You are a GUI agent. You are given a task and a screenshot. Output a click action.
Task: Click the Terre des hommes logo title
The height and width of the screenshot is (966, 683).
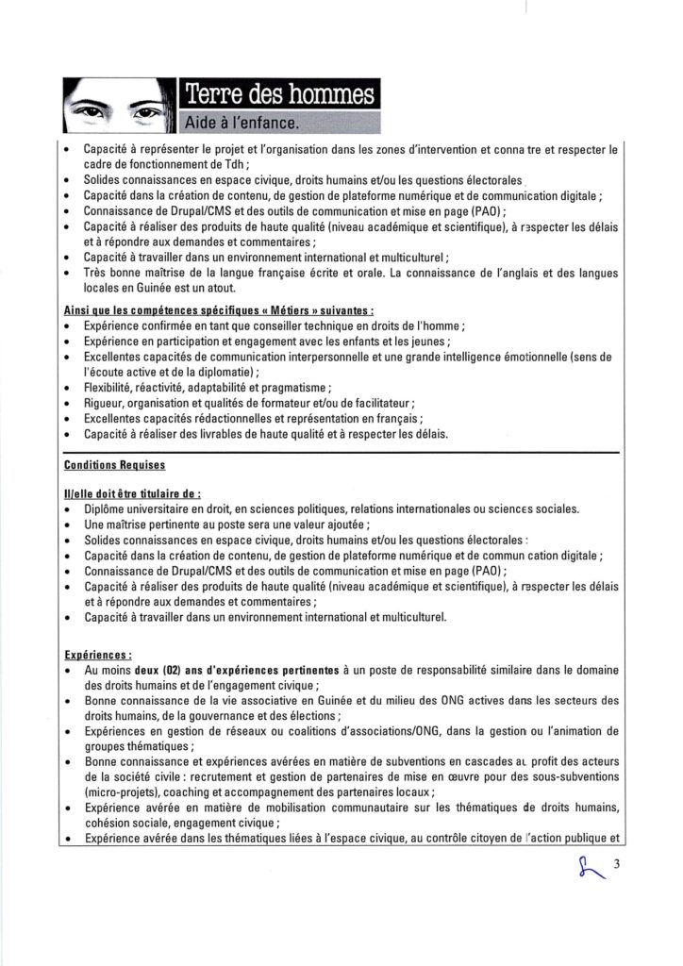[x=278, y=94]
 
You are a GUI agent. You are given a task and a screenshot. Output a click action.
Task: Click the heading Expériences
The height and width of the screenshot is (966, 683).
[x=97, y=652]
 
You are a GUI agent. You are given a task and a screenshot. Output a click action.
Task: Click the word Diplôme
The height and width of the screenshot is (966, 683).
[x=107, y=509]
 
